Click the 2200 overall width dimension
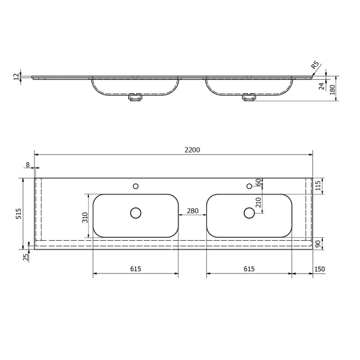coord(192,149)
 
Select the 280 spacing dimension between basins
coord(192,211)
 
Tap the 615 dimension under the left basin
coord(136,269)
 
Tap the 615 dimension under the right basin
coord(249,269)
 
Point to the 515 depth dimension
coord(19,214)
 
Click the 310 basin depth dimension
coord(86,217)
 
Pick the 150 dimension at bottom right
coord(320,269)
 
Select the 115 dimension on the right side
coord(319,185)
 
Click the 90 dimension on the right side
coord(319,244)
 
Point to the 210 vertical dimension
coord(259,202)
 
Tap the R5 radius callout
coord(315,65)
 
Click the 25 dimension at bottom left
coord(25,256)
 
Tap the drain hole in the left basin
coord(136,213)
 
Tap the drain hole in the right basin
coord(249,213)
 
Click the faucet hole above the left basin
coord(136,185)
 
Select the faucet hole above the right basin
coord(249,185)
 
